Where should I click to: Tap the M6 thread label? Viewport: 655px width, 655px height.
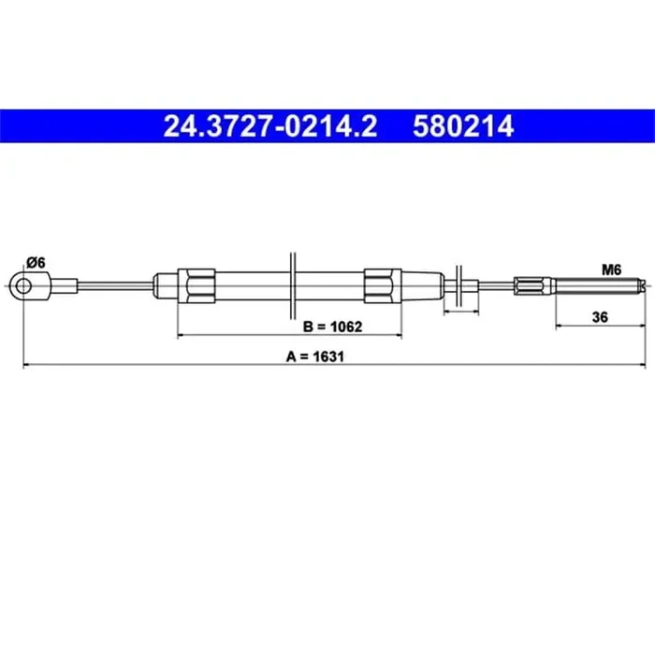611,269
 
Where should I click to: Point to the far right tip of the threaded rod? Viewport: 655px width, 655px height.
644,284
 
